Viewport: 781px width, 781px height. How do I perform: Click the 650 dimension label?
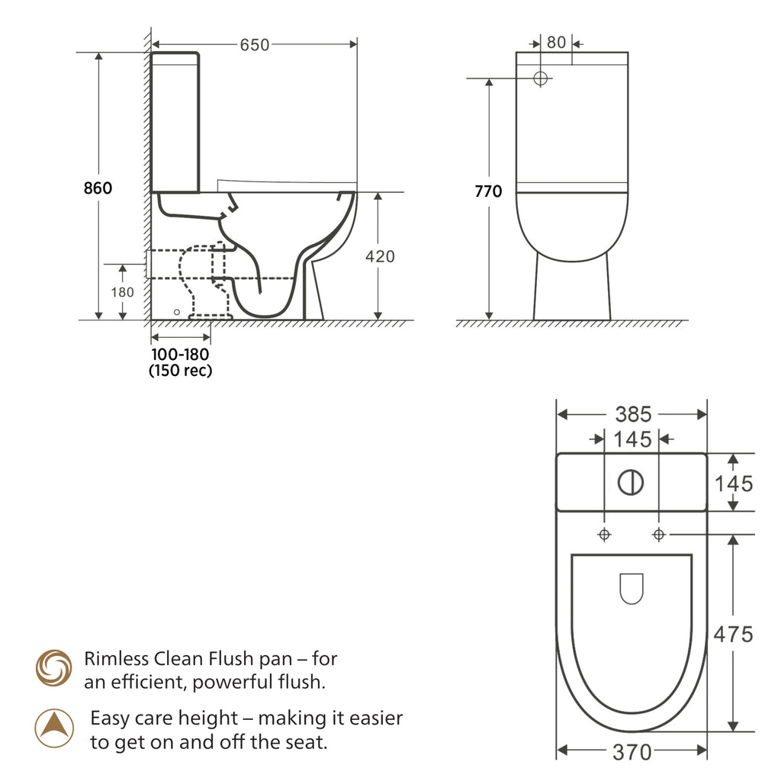click(255, 45)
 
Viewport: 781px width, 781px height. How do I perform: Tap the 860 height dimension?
click(98, 188)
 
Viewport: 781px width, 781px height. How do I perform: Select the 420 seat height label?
click(380, 256)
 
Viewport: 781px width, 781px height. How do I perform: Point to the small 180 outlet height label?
click(123, 292)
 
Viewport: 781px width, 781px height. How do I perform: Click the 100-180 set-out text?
click(180, 355)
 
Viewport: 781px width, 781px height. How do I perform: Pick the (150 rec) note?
click(180, 371)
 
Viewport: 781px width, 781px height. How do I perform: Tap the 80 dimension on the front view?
click(556, 43)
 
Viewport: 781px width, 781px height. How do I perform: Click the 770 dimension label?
click(488, 191)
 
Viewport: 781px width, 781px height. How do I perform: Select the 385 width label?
click(633, 414)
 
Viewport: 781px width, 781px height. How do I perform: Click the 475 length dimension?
click(733, 635)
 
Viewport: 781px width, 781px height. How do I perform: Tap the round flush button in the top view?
click(631, 483)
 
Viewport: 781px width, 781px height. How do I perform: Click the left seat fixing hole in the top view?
click(605, 535)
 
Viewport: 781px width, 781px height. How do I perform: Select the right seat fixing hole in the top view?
click(659, 535)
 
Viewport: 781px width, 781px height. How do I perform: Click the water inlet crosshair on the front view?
click(541, 79)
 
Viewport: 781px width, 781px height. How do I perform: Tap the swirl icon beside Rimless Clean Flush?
click(54, 668)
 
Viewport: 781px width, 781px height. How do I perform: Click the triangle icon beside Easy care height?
click(54, 728)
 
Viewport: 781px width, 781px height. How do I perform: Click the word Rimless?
click(117, 659)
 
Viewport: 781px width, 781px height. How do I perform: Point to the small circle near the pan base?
click(177, 312)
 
